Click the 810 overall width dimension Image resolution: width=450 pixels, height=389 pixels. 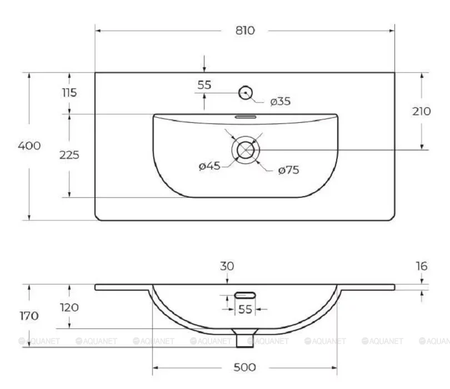pyautogui.click(x=244, y=31)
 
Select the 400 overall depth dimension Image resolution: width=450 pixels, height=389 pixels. pyautogui.click(x=29, y=146)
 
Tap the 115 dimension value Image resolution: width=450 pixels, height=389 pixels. pyautogui.click(x=69, y=93)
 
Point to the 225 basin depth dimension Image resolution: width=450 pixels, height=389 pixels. pyautogui.click(x=69, y=155)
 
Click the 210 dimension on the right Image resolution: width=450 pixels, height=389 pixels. pyautogui.click(x=422, y=111)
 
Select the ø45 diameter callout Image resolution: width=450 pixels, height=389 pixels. pyautogui.click(x=210, y=166)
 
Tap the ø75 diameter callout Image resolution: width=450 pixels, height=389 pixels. pyautogui.click(x=288, y=170)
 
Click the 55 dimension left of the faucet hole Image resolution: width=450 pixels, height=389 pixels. pyautogui.click(x=204, y=85)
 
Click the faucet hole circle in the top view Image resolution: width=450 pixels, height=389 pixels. pyautogui.click(x=246, y=93)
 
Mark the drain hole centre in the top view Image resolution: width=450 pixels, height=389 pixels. pyautogui.click(x=246, y=149)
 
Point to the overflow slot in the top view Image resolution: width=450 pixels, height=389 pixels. pyautogui.click(x=245, y=117)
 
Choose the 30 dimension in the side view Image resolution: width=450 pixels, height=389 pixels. pyautogui.click(x=227, y=267)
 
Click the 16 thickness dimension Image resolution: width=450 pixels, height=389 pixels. pyautogui.click(x=422, y=267)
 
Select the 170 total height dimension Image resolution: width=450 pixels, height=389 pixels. pyautogui.click(x=29, y=316)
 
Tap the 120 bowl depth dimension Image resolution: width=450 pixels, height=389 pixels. pyautogui.click(x=69, y=307)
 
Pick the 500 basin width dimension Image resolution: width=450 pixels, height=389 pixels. pyautogui.click(x=244, y=367)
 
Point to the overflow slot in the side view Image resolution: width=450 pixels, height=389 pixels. pyautogui.click(x=245, y=294)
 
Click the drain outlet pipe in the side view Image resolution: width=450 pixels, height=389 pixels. pyautogui.click(x=243, y=338)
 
